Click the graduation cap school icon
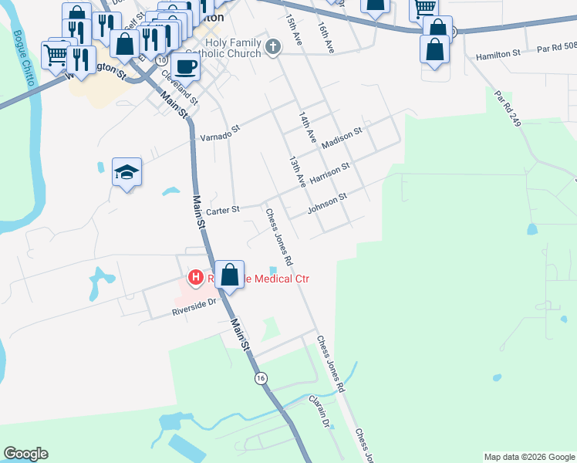pyautogui.click(x=127, y=172)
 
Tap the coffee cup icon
pyautogui.click(x=186, y=67)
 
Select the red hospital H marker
pyautogui.click(x=196, y=278)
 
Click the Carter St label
pyautogui.click(x=224, y=209)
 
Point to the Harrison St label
pyautogui.click(x=329, y=173)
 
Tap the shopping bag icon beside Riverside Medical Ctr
pyautogui.click(x=230, y=275)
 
